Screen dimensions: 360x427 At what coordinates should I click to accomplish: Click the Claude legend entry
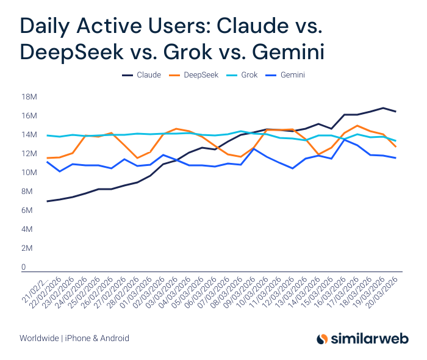click(x=142, y=75)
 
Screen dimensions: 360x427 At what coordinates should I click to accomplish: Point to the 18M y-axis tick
click(x=29, y=97)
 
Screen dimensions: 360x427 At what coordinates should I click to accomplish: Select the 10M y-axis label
click(x=29, y=173)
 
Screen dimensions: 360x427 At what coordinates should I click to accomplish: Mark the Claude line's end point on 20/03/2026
click(x=396, y=112)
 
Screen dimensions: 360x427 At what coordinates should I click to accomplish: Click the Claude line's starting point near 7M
click(x=47, y=201)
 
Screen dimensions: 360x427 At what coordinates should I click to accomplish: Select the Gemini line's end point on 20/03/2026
click(x=396, y=158)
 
